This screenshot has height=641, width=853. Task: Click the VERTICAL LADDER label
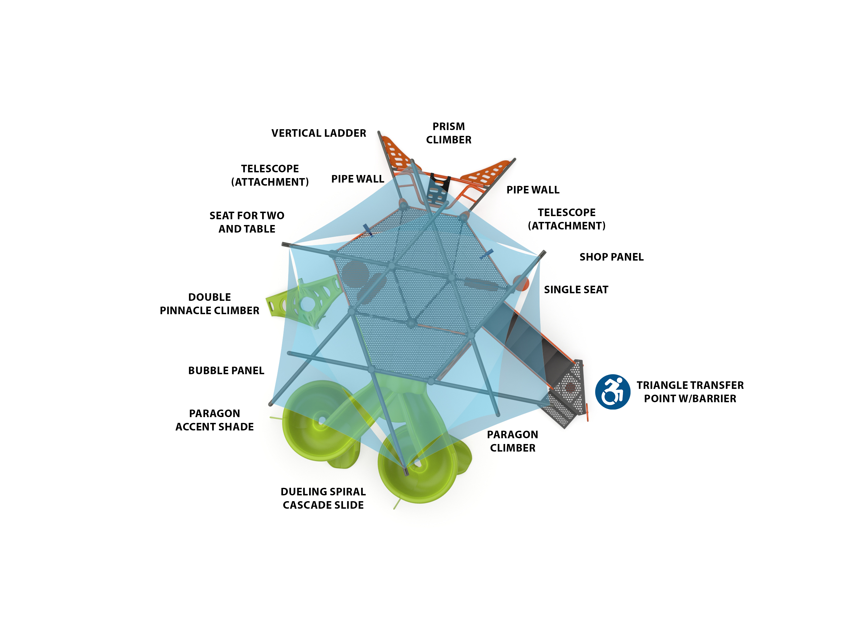click(319, 133)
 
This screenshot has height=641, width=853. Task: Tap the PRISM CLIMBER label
click(448, 133)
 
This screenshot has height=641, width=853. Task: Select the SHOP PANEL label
click(611, 257)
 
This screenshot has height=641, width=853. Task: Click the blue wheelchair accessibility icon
click(612, 392)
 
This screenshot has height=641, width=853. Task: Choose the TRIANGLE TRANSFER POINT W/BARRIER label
click(690, 392)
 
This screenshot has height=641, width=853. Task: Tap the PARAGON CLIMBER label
click(512, 441)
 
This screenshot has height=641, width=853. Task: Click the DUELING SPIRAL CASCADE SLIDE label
click(323, 498)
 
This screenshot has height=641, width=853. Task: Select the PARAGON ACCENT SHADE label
click(214, 420)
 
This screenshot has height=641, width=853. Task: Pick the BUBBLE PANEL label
click(226, 370)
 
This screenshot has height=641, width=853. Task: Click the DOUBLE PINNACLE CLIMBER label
click(209, 304)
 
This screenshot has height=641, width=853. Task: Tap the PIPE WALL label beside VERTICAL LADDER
click(357, 179)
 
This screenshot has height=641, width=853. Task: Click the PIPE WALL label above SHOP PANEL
click(532, 190)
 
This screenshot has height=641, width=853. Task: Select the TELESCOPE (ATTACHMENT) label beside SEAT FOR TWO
click(270, 175)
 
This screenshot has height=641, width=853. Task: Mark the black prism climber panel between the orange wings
click(439, 185)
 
